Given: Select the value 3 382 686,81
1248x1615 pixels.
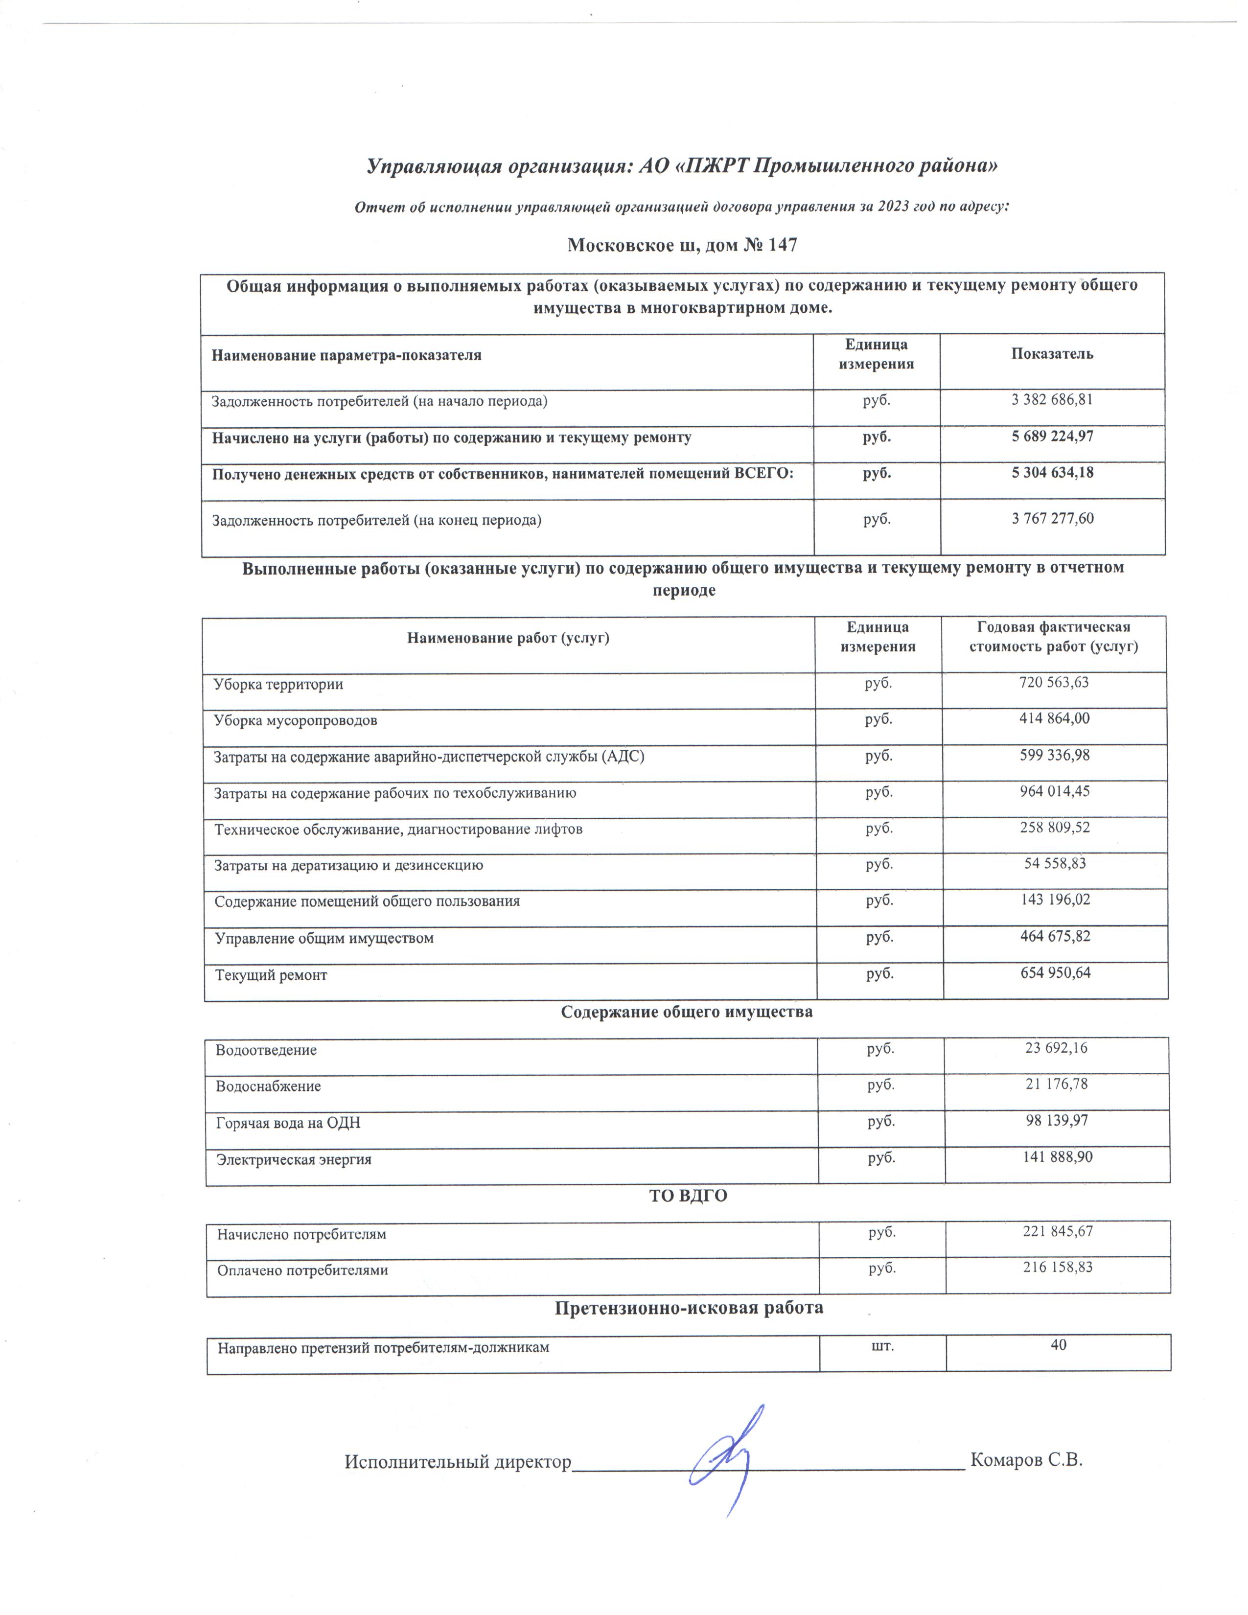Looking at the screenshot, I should pos(1051,400).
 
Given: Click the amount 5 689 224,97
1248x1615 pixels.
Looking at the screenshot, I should pos(1051,436).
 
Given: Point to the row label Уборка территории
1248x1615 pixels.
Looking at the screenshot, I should pos(278,684).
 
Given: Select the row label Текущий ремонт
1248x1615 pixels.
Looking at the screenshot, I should pos(271,974).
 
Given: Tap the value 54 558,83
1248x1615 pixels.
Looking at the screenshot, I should pos(1054,863).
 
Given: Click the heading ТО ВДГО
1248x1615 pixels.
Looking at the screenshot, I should pos(688,1196).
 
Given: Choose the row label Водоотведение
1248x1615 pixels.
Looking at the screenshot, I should pos(266,1050).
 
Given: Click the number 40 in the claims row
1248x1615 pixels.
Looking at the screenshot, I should pos(1058,1344).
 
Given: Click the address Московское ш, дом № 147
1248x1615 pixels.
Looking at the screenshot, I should pos(682,245).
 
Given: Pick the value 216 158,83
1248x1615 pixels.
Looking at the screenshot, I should pos(1057,1267).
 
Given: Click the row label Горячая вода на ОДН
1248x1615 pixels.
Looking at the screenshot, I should pos(288,1123).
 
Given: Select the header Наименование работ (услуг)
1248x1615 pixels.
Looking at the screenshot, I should pos(508,637).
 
